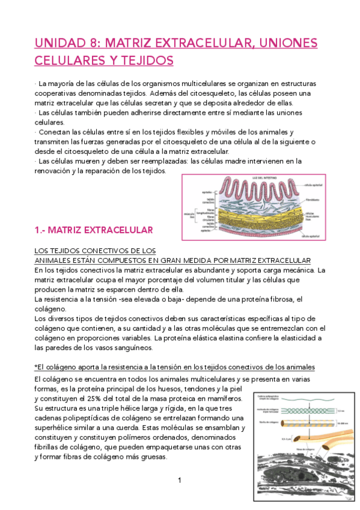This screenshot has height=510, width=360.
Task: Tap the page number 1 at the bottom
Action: click(x=179, y=480)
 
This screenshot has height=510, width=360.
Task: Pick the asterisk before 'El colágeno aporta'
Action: click(x=35, y=367)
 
